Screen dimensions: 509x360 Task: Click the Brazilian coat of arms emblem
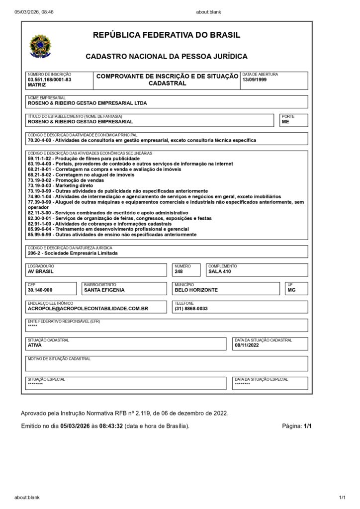pyautogui.click(x=40, y=45)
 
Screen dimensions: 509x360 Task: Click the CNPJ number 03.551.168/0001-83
pyautogui.click(x=49, y=80)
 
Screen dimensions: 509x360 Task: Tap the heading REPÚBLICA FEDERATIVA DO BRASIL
pyautogui.click(x=167, y=35)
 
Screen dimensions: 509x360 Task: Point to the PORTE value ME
pyautogui.click(x=285, y=121)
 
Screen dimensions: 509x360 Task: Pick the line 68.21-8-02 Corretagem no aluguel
pyautogui.click(x=81, y=174)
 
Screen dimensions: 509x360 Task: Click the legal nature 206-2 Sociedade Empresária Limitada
pyautogui.click(x=73, y=253)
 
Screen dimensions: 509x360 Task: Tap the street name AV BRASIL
pyautogui.click(x=41, y=271)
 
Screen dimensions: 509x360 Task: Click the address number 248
pyautogui.click(x=179, y=271)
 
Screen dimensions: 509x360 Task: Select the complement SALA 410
pyautogui.click(x=219, y=271)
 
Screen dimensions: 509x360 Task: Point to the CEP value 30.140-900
pyautogui.click(x=40, y=290)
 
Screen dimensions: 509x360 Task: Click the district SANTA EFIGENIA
pyautogui.click(x=104, y=290)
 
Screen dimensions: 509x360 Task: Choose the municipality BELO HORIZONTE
pyautogui.click(x=196, y=290)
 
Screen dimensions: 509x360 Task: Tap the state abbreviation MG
pyautogui.click(x=291, y=290)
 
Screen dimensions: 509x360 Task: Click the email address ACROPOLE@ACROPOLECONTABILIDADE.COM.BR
pyautogui.click(x=88, y=308)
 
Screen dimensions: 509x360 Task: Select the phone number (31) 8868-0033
pyautogui.click(x=191, y=308)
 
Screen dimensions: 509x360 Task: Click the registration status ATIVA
pyautogui.click(x=35, y=345)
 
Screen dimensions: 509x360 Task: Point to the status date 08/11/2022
pyautogui.click(x=247, y=345)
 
